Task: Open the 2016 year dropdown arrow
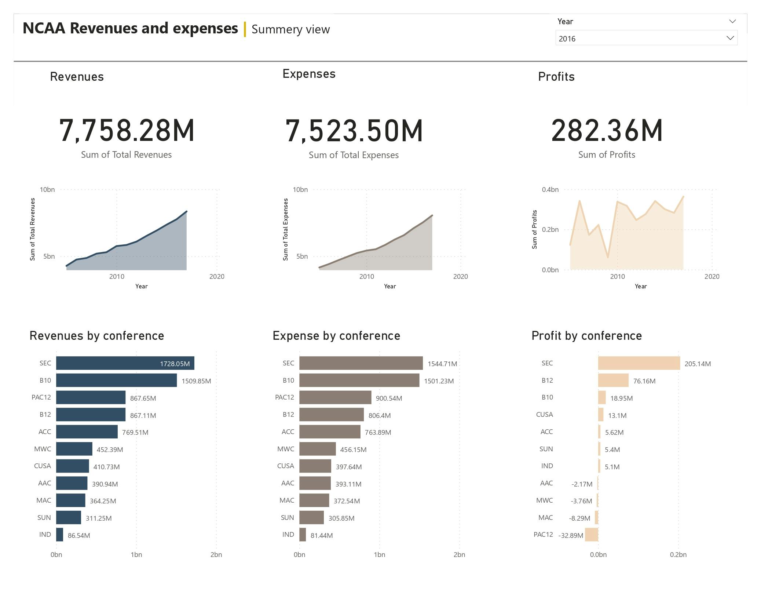730,38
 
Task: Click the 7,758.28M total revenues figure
127,131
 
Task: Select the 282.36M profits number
607,131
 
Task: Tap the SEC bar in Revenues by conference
125,363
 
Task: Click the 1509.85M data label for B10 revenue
196,381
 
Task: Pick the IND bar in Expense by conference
303,535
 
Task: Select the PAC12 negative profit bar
591,535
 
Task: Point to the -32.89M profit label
571,535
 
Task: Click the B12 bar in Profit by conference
613,380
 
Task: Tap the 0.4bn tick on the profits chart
550,190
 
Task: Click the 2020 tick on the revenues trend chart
217,277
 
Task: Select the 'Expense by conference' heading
336,336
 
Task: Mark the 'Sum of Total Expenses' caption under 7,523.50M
354,155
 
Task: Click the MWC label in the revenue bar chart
43,449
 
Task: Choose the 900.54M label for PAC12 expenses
389,398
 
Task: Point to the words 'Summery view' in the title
290,29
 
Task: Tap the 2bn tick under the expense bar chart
459,555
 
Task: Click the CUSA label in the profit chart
544,415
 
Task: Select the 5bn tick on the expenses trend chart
302,256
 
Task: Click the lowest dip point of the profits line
608,257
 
